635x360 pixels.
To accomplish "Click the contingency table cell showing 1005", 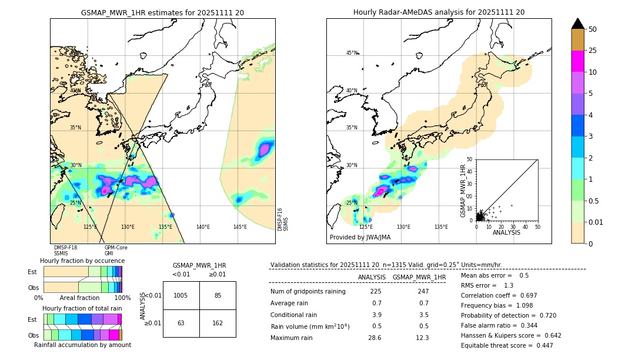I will tap(181, 295).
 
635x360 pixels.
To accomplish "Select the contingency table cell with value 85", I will tap(218, 295).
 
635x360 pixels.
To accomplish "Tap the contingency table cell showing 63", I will tap(181, 322).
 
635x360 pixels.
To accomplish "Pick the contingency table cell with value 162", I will tap(218, 322).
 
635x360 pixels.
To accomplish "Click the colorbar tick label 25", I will tap(593, 51).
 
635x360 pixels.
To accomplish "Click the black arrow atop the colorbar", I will tap(578, 24).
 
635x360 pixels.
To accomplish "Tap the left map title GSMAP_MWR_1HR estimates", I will tap(162, 12).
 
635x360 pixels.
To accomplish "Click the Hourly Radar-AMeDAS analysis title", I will tap(439, 12).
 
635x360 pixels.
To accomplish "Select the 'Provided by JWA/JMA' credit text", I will tap(360, 237).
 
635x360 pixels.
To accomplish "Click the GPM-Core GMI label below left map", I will tap(116, 251).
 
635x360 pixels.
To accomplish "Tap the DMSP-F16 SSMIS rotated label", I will tap(283, 219).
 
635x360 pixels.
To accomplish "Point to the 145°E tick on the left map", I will tap(240, 227).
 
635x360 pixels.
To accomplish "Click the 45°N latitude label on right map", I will tap(352, 54).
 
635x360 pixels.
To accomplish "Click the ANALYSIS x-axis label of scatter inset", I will tap(507, 232).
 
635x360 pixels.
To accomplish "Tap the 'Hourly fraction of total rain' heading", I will tap(82, 308).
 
